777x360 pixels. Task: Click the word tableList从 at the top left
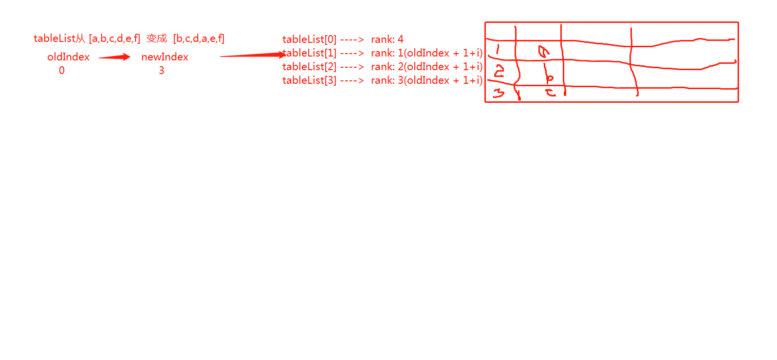(59, 38)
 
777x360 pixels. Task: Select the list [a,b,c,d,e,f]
(114, 38)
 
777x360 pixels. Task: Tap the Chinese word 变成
(156, 38)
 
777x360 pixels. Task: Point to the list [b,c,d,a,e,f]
(199, 38)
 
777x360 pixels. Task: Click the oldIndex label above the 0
(68, 57)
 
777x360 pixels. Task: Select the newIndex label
(165, 57)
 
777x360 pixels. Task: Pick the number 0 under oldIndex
(62, 71)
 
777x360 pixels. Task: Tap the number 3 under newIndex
(161, 71)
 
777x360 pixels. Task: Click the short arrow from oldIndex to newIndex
(114, 57)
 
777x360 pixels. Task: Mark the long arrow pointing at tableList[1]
(252, 55)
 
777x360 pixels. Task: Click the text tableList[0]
(309, 39)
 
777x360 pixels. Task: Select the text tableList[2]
(309, 67)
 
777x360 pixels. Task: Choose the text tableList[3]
(309, 80)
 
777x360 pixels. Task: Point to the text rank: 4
(387, 39)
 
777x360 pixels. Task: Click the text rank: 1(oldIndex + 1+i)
(426, 53)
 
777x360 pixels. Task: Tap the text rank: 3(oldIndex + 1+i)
(426, 80)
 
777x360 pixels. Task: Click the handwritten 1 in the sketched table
(498, 49)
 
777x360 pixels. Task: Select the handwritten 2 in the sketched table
(499, 72)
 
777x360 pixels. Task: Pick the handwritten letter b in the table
(549, 76)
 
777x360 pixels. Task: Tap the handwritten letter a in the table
(543, 51)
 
